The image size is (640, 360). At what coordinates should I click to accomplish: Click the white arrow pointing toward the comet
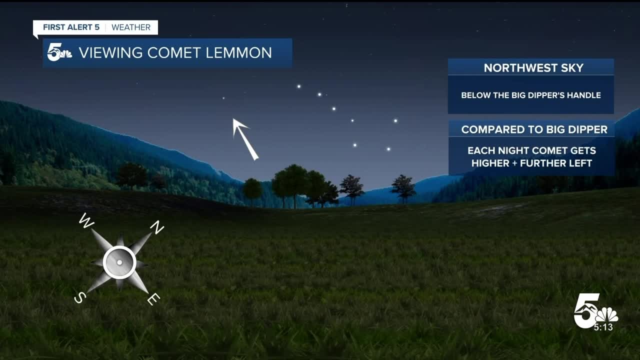245,139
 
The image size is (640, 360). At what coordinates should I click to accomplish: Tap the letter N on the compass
157,227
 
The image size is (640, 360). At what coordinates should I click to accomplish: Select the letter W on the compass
86,221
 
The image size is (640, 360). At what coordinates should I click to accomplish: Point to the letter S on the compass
80,297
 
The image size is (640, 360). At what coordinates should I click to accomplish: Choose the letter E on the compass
153,299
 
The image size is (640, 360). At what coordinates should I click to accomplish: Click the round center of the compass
119,262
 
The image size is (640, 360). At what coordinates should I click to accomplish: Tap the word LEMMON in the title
238,53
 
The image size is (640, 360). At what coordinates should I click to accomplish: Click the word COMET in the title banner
173,53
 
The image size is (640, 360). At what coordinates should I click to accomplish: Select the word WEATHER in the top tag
131,27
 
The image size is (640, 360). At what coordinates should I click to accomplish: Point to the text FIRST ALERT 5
71,27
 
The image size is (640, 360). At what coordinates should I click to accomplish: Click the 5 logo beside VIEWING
59,52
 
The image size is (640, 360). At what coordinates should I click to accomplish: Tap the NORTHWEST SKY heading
533,68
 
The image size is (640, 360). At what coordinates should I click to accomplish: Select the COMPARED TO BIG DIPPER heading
534,129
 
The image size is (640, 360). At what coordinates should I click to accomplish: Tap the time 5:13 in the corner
603,327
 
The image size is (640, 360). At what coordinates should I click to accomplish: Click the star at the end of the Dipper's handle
299,86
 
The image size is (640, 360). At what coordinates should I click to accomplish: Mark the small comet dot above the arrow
223,98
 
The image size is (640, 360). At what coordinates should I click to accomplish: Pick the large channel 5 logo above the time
595,310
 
